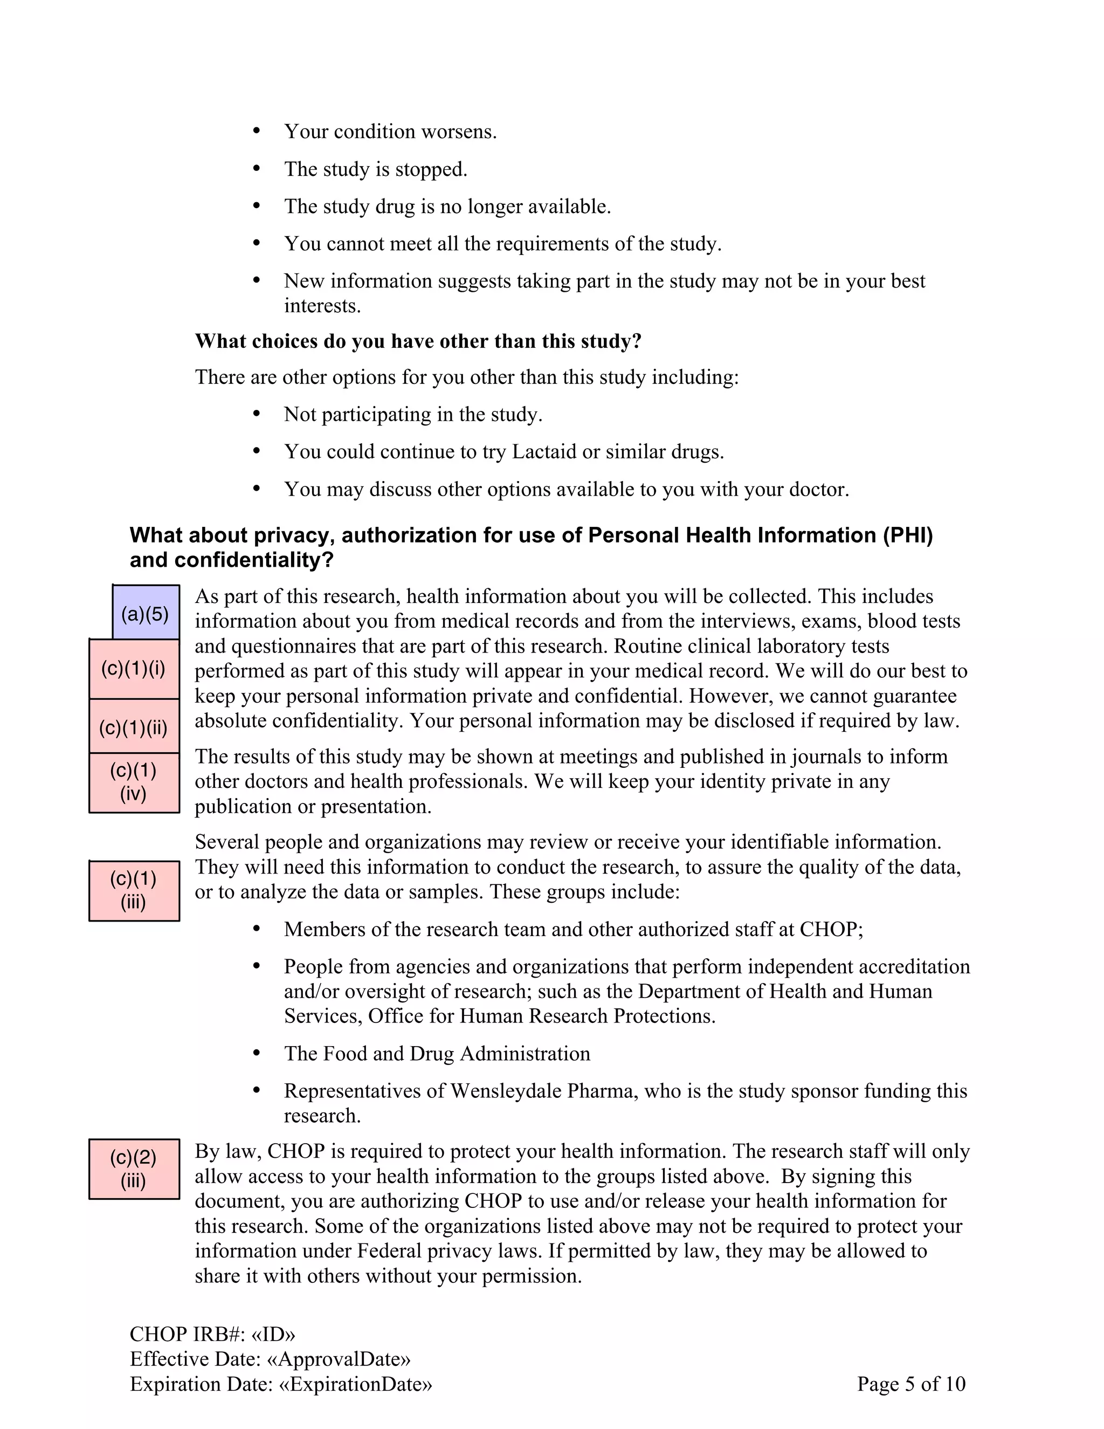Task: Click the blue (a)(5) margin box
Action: pos(145,613)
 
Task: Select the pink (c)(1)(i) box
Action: pos(134,669)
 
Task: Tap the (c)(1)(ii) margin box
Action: pos(134,727)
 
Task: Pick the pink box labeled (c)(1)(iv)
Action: pos(134,782)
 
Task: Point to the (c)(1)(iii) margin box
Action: pos(134,890)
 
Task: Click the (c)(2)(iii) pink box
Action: pos(134,1169)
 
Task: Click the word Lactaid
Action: pos(544,452)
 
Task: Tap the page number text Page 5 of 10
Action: pos(911,1383)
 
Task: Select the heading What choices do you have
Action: pos(417,341)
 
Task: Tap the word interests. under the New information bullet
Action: pos(322,306)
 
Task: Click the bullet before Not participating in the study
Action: pos(257,414)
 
